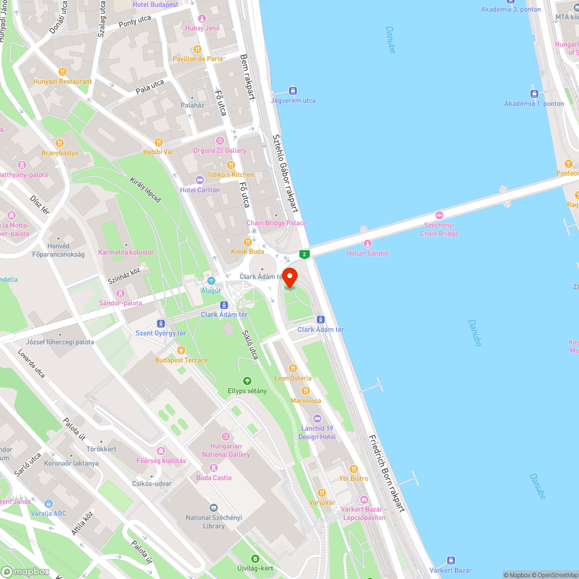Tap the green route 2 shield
305,254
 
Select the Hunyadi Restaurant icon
63,72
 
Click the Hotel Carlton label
200,190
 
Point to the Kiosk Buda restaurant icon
247,242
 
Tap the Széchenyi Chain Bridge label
441,229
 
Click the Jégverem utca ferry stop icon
293,91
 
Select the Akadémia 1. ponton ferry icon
534,94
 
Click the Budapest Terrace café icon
181,350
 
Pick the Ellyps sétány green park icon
247,381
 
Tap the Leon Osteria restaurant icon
292,368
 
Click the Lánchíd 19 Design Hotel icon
316,419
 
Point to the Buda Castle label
214,478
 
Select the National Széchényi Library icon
214,508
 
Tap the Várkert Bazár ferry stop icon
450,560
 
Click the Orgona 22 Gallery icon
219,141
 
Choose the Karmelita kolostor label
126,252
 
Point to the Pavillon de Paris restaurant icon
197,49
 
